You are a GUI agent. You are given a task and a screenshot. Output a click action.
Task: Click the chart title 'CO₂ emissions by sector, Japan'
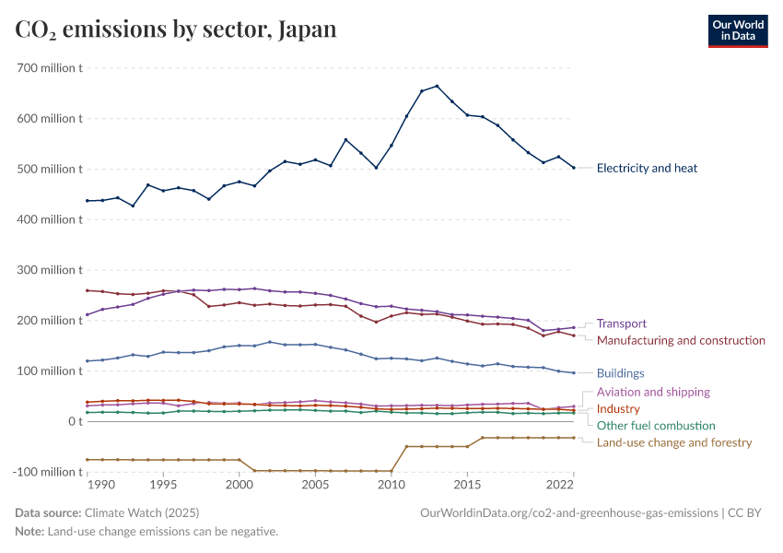(x=176, y=29)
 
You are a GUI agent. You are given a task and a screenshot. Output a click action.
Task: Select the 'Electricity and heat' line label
(x=647, y=168)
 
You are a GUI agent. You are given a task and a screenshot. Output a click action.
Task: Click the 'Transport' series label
(x=621, y=324)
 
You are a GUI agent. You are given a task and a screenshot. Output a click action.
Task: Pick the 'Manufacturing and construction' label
(x=681, y=340)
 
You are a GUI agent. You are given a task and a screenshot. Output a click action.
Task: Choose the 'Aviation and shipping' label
(x=653, y=392)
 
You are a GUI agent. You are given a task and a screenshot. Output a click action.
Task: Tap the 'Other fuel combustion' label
(x=656, y=425)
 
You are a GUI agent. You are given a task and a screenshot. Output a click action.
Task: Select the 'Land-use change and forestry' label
(x=674, y=442)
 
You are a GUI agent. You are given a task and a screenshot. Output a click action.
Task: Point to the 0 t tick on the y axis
(x=76, y=421)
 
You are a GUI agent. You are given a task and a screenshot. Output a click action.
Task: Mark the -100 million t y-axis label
(x=47, y=472)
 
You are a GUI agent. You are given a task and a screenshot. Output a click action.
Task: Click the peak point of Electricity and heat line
(x=437, y=86)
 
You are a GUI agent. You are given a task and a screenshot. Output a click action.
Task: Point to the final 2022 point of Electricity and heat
(x=573, y=168)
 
